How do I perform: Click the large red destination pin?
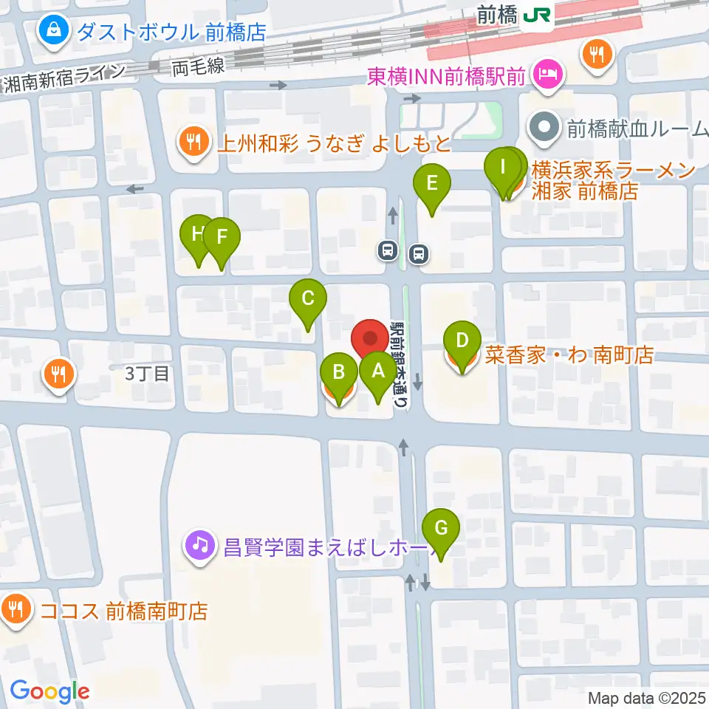pos(371,340)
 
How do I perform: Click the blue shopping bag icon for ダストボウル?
pos(55,30)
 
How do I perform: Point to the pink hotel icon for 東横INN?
pos(549,74)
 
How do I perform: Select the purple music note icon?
pos(199,546)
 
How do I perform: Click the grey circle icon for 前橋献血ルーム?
pos(544,129)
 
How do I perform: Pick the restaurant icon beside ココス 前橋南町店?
pos(16,610)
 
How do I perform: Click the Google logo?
pos(50,691)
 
